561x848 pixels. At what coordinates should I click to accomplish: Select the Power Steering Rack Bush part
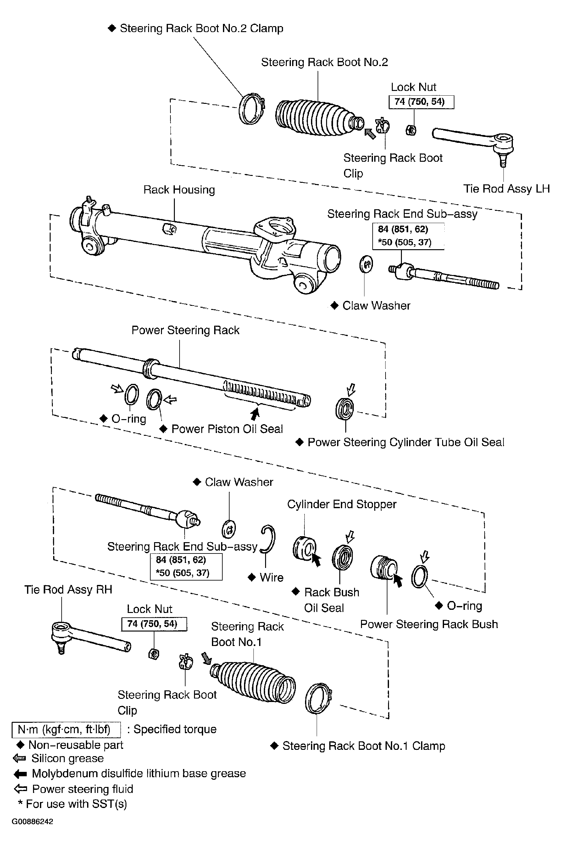pyautogui.click(x=383, y=568)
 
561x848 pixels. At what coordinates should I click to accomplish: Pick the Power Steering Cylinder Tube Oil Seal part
pyautogui.click(x=345, y=409)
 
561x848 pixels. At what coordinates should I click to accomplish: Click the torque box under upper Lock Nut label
pyautogui.click(x=421, y=102)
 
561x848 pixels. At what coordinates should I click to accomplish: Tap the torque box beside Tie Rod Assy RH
pyautogui.click(x=154, y=624)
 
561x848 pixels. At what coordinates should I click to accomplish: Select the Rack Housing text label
pyautogui.click(x=179, y=190)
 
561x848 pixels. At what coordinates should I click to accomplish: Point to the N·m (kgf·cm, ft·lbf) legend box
pyautogui.click(x=66, y=729)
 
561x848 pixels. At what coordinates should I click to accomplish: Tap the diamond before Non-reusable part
pyautogui.click(x=20, y=745)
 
